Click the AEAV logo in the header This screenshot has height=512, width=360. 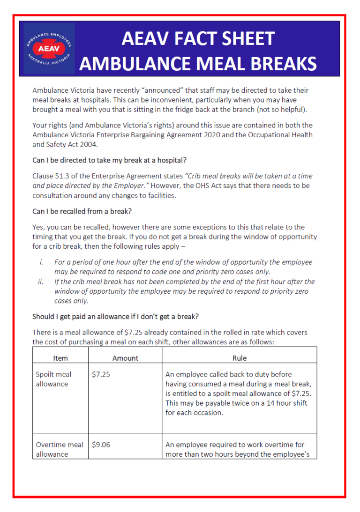pos(49,49)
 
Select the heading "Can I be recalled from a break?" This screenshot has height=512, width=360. pos(83,211)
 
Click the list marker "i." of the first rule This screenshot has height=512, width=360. pos(41,262)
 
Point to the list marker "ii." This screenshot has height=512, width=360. pos(40,282)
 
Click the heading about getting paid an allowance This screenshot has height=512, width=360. pos(115,317)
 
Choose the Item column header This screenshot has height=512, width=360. pos(60,358)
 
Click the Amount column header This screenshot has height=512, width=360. pos(125,358)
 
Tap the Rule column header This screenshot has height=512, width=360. pos(239,358)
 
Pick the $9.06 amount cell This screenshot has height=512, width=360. pos(101,445)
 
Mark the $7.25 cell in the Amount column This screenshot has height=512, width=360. pos(101,375)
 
